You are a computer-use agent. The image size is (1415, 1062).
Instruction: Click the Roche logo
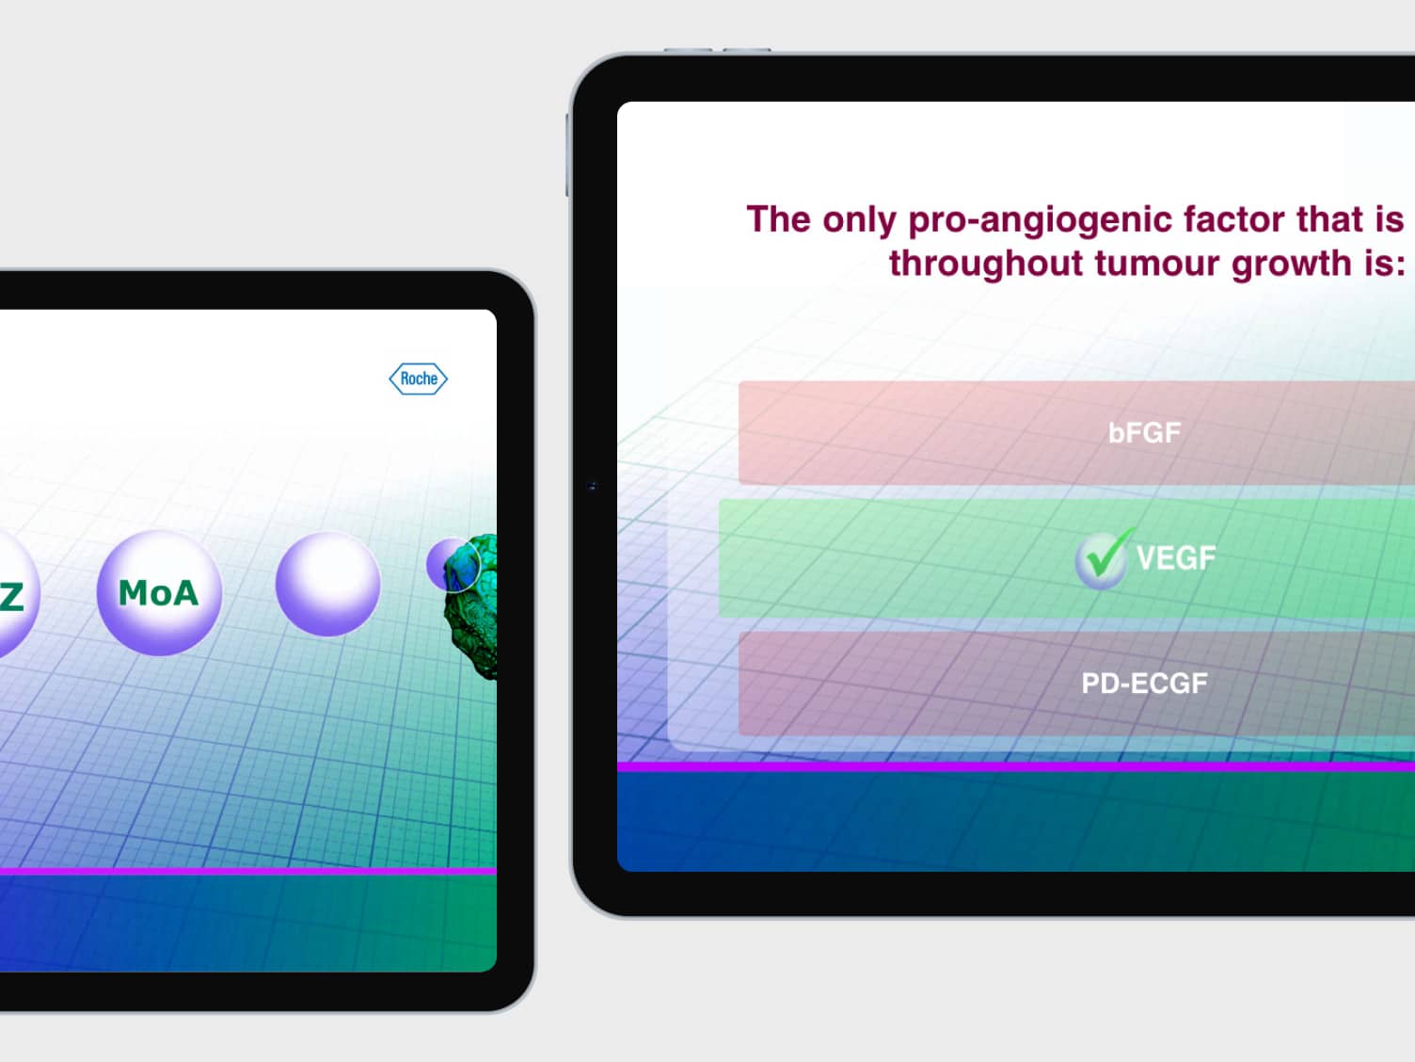tap(418, 378)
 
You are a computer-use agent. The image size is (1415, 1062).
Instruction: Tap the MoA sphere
tap(159, 592)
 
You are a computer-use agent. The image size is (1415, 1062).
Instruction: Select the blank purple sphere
tap(327, 585)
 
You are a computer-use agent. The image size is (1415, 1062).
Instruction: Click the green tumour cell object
tap(472, 606)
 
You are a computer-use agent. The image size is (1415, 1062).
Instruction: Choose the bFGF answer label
tap(1144, 433)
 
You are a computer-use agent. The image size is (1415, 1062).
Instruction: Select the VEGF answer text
tap(1176, 557)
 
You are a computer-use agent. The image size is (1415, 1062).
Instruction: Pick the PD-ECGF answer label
tap(1144, 684)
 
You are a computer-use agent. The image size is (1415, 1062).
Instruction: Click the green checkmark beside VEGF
tap(1104, 557)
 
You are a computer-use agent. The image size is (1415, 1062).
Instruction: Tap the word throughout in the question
tap(986, 263)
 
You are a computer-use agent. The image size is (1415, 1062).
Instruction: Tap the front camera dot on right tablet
tap(593, 486)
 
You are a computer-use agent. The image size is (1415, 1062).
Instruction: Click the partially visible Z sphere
tap(16, 594)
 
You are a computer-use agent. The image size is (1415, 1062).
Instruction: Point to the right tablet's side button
tap(566, 154)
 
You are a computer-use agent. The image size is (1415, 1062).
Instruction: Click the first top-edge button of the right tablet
tap(689, 50)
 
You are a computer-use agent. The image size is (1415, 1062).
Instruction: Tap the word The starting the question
tap(778, 219)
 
